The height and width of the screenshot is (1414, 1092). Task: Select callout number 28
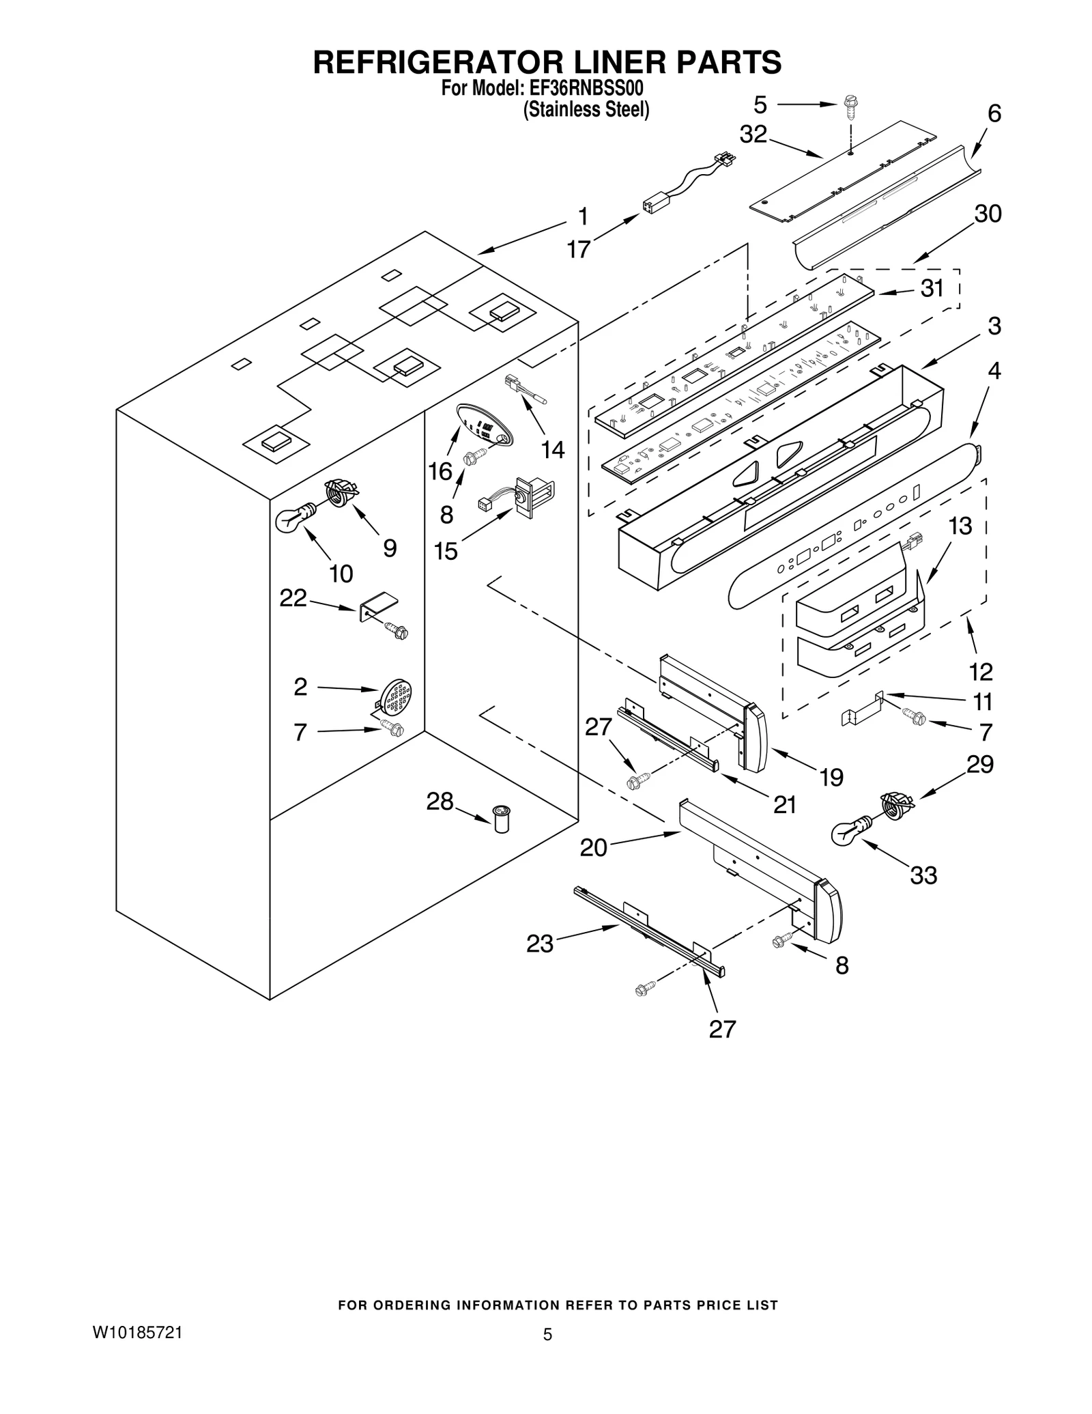440,802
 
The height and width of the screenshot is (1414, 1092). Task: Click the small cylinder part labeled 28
502,818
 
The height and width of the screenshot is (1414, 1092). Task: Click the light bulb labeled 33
848,832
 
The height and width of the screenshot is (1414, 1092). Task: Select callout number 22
293,598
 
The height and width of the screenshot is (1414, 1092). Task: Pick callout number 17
578,249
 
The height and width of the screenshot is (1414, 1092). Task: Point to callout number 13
960,526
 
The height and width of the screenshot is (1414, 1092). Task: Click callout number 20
593,847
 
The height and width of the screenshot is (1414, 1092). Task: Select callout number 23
539,944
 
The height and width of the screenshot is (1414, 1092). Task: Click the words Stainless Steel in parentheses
586,109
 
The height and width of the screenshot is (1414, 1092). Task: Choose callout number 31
932,288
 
